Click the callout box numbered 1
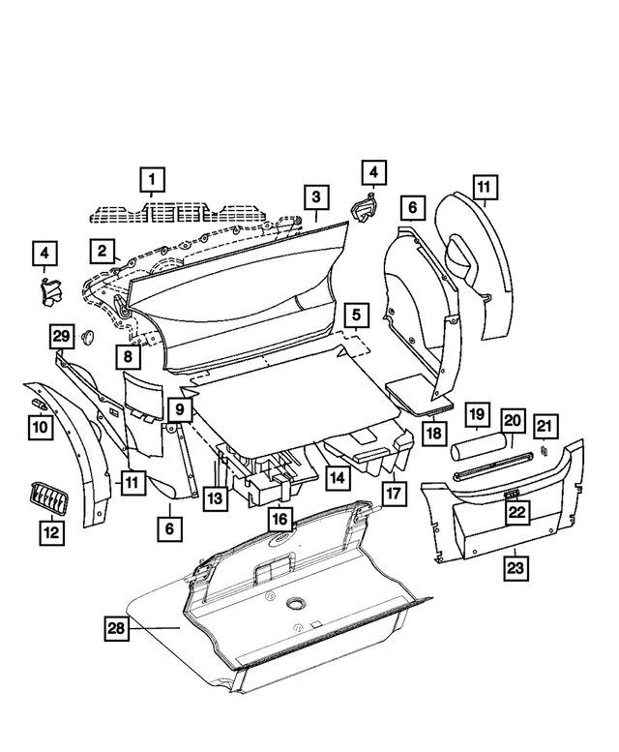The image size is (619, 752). pos(151,179)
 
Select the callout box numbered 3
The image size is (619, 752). pos(315,197)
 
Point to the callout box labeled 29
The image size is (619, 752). pos(62,336)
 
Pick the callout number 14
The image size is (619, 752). pos(337,477)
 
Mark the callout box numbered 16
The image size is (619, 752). pos(280,519)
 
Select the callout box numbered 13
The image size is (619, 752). pos(214,498)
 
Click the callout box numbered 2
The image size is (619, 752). pos(101,250)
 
